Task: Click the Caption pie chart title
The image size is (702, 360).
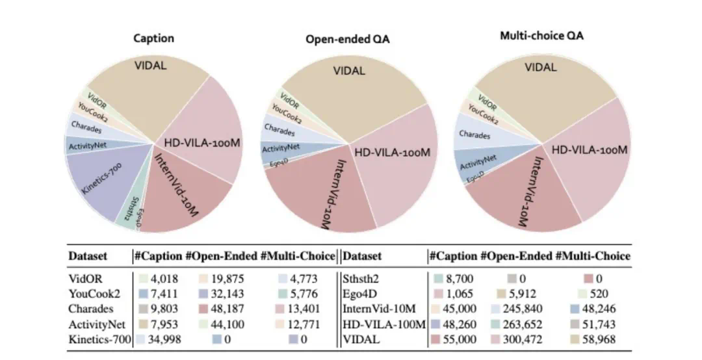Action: click(x=154, y=38)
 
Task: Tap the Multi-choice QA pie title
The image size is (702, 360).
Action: click(x=541, y=36)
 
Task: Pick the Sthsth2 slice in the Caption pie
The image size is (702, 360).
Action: click(x=127, y=211)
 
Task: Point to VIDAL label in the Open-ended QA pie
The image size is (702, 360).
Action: click(x=350, y=71)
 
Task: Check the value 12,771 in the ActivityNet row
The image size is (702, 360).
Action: click(x=300, y=324)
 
